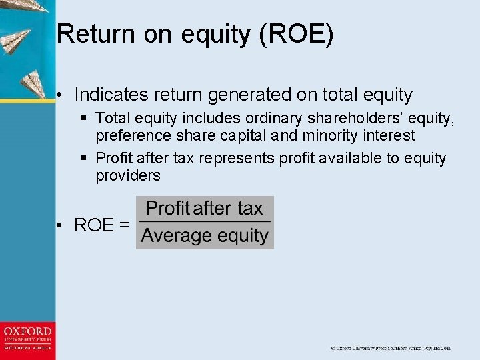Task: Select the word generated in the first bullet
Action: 257,95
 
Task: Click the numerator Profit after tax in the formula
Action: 204,209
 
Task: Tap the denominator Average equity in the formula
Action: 205,235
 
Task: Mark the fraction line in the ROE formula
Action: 205,222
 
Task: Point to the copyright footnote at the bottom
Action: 391,348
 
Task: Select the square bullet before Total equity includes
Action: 84,119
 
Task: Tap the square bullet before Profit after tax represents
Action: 84,159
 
